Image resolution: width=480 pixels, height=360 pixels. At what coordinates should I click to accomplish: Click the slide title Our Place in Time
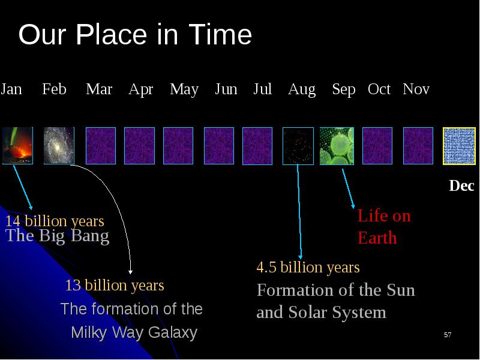point(135,34)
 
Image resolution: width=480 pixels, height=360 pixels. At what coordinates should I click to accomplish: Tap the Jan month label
point(11,89)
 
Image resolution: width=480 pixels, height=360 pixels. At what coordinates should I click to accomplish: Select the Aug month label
point(302,89)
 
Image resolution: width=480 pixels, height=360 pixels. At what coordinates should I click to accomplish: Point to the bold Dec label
point(461,185)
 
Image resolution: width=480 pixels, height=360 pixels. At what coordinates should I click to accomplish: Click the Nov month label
point(416,89)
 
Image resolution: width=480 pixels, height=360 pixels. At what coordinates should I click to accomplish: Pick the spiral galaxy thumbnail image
point(59,146)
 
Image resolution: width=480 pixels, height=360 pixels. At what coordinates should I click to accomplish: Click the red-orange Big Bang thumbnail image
point(17,146)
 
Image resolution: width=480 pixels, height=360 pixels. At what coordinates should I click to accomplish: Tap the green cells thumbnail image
point(337,146)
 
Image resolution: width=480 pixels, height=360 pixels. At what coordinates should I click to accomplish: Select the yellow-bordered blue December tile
point(459,146)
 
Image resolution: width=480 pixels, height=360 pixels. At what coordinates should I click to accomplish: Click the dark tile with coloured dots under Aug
point(298,146)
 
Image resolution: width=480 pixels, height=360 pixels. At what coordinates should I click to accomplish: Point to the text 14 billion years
point(55,221)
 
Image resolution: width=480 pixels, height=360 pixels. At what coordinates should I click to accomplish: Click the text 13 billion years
point(115,286)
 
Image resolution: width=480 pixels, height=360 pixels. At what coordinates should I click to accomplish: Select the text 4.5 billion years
point(308,267)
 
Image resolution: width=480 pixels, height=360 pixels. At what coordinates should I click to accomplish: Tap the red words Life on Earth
point(384,227)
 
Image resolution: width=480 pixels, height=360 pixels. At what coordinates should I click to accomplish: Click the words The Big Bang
point(57,236)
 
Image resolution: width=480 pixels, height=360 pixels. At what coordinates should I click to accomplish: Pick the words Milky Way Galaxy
point(134,333)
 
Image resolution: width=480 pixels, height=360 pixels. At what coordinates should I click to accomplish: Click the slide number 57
point(448,335)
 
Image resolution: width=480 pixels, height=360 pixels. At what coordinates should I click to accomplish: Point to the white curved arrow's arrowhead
point(130,272)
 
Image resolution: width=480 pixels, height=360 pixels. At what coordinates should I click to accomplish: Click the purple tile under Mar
point(101,146)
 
